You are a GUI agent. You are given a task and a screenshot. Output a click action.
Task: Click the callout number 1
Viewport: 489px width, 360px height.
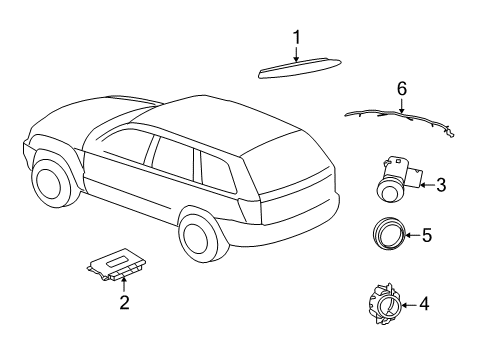pos(297,39)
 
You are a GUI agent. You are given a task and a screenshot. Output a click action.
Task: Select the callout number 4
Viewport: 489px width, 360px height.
pos(424,303)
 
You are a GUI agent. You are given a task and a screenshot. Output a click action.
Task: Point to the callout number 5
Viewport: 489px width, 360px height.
pos(426,237)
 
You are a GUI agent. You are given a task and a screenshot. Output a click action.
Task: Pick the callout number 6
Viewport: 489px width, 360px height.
pos(402,89)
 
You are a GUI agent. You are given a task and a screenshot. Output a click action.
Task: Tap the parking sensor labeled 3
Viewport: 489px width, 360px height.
pos(394,180)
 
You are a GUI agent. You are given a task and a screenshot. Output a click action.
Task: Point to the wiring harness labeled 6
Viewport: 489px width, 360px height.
pos(400,119)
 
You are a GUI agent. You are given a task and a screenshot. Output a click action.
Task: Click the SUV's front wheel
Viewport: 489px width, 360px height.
pos(49,178)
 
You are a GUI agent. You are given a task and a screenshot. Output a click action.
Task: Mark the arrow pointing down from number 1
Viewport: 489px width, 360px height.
pos(297,55)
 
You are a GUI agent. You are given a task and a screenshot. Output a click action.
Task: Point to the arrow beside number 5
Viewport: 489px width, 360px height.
pos(410,237)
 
